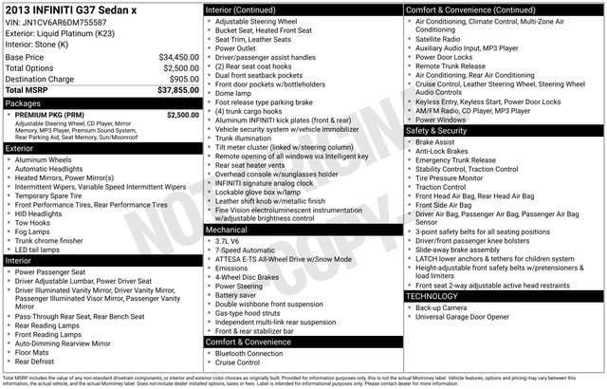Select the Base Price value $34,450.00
tap(178, 57)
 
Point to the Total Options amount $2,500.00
tap(180, 68)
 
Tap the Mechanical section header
tap(228, 230)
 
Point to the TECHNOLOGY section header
tap(432, 296)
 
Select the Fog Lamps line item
tap(34, 232)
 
